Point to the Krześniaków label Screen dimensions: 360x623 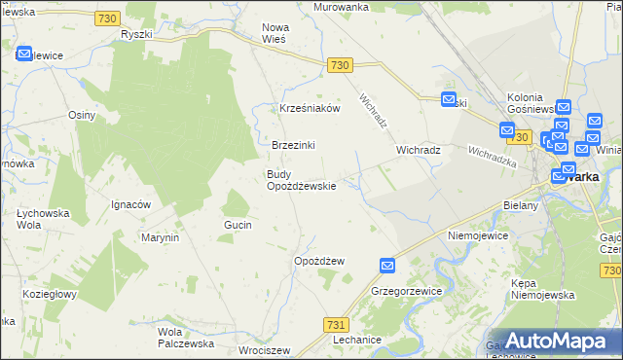click(310, 108)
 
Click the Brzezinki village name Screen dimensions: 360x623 click(293, 145)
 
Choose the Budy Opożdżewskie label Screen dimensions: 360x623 click(301, 180)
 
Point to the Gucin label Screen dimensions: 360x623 click(238, 225)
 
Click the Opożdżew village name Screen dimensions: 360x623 click(319, 261)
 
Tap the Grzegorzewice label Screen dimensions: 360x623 click(407, 291)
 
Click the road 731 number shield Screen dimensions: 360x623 click(336, 325)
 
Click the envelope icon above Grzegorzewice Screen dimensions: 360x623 click(387, 266)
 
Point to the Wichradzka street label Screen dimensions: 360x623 click(492, 156)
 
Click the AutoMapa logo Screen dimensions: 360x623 click(551, 340)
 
